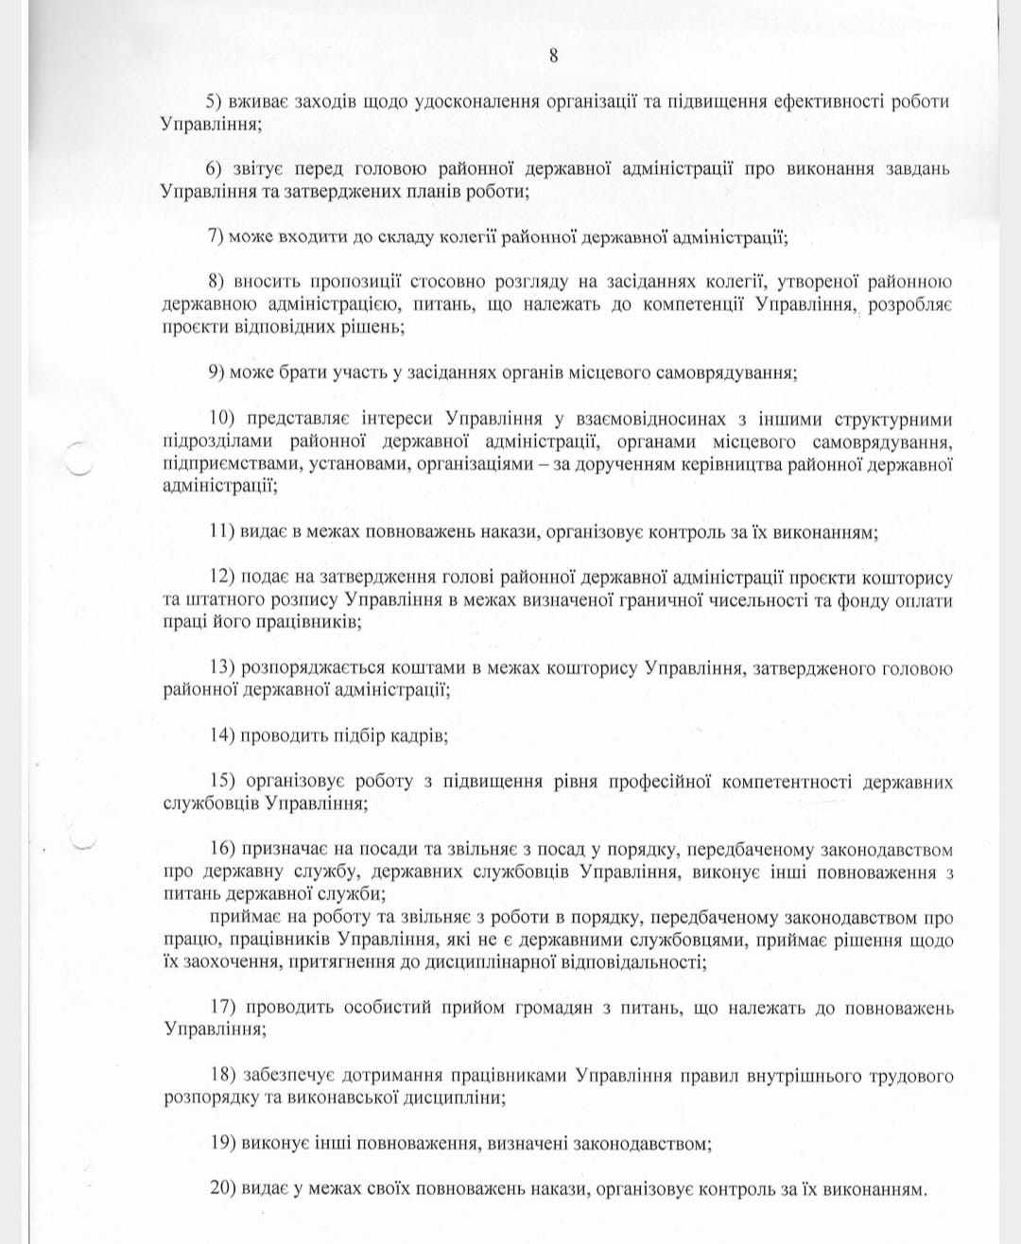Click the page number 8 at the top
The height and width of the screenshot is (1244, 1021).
click(x=553, y=56)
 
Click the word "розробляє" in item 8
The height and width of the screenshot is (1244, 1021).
click(x=910, y=304)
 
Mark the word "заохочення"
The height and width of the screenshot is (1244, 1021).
click(x=222, y=962)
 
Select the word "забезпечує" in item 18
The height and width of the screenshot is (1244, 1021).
click(x=288, y=1076)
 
